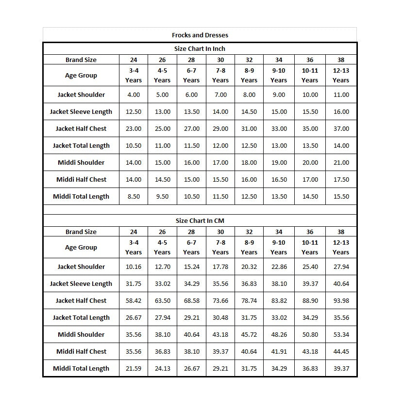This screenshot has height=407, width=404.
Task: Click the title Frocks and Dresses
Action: click(x=200, y=35)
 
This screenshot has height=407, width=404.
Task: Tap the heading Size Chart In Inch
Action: click(x=200, y=48)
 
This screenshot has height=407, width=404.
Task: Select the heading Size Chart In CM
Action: click(x=200, y=220)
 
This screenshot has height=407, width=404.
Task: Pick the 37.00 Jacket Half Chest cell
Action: click(x=341, y=128)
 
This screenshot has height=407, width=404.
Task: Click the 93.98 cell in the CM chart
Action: click(x=341, y=300)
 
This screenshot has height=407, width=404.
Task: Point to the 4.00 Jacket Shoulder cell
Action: click(x=134, y=94)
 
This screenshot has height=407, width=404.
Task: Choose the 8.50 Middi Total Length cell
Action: click(x=134, y=196)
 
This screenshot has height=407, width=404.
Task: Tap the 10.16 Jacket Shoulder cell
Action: click(x=134, y=266)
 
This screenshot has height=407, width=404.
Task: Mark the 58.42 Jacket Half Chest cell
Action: click(x=134, y=300)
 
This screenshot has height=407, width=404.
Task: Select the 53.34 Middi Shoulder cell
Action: click(x=341, y=334)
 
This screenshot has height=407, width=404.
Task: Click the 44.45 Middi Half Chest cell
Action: click(x=341, y=351)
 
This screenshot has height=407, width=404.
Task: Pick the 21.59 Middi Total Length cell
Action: click(x=134, y=368)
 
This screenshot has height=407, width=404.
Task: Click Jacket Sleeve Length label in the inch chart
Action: click(x=81, y=111)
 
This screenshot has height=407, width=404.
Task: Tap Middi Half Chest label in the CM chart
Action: click(x=81, y=351)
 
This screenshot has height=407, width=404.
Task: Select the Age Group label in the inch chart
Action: click(x=81, y=75)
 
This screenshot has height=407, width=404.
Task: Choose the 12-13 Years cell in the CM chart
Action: click(x=341, y=247)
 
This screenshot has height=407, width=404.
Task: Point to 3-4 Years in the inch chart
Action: click(x=134, y=75)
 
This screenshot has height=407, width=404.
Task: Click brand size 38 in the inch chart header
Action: click(x=341, y=60)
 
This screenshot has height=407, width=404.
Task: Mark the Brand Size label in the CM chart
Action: click(x=81, y=232)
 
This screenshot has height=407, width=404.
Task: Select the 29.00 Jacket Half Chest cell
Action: click(x=220, y=128)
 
